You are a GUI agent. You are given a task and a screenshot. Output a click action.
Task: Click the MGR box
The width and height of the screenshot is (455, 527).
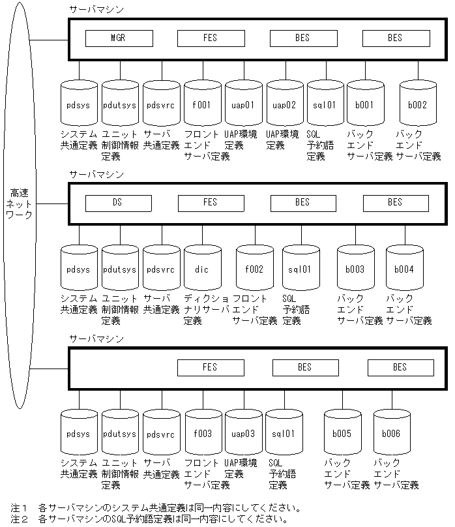point(117,38)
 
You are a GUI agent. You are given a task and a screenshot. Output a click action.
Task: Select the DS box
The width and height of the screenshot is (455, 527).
point(117,203)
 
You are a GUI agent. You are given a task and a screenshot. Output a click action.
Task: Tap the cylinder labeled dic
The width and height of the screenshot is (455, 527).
point(202,269)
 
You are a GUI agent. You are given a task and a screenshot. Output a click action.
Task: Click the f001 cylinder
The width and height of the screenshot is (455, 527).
point(202,104)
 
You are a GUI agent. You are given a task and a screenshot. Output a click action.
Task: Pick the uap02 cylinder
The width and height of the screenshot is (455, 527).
point(284,104)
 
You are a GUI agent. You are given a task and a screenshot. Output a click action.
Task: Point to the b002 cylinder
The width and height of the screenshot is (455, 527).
point(417,104)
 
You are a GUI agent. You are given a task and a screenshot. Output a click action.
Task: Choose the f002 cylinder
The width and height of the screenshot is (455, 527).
point(254,269)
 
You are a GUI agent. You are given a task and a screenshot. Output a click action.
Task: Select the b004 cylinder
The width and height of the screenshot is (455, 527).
point(404,269)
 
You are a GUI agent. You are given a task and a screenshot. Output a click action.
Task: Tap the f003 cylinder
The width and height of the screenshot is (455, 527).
point(202,434)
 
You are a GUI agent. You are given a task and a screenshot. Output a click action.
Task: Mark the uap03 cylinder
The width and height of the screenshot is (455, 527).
point(243,434)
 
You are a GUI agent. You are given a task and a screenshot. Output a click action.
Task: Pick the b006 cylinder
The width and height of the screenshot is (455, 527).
point(391,434)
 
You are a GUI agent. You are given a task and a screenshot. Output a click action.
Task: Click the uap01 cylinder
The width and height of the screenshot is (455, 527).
point(243,104)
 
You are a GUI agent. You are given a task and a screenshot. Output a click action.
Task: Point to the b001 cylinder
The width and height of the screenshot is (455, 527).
point(365,104)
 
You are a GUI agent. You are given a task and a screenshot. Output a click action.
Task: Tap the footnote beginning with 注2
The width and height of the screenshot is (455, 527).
point(150,520)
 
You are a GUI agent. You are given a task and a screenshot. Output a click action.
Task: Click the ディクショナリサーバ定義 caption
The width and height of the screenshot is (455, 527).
point(207,309)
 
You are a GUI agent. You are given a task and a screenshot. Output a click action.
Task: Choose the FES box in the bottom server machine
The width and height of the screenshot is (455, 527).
point(210,368)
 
